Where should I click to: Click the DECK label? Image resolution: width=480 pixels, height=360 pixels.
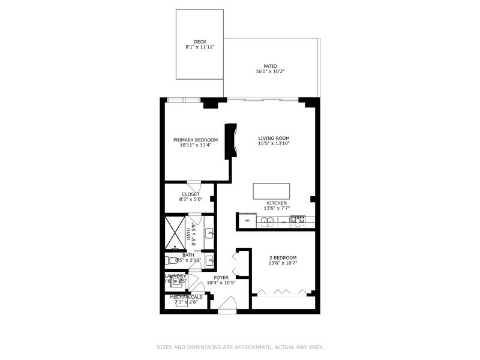pos(200,42)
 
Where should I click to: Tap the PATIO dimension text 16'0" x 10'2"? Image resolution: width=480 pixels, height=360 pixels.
pos(270,71)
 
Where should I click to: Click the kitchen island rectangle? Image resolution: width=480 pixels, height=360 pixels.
pos(271,191)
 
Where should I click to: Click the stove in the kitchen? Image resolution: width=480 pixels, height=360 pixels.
pos(298,221)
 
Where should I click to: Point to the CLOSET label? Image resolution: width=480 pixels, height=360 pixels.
pos(191,194)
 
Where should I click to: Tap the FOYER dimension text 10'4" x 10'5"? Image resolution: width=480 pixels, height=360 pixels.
pos(221,283)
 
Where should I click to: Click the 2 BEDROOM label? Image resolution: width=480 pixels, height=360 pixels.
pos(283,258)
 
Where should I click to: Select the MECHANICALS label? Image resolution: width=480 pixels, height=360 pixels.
pos(186,297)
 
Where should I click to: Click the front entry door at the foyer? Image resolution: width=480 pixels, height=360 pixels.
pos(227,308)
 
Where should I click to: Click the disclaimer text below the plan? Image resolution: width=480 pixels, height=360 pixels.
pos(240,347)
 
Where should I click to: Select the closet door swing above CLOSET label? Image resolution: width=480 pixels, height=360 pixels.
pos(194,185)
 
